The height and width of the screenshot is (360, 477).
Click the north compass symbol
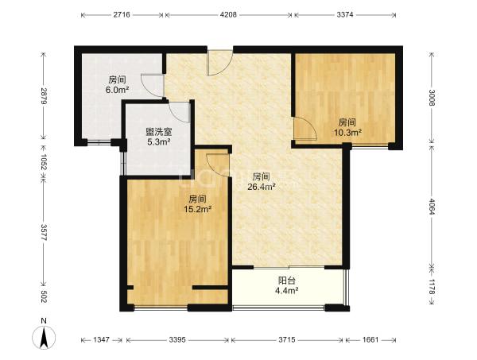(44, 334)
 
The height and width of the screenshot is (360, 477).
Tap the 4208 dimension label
(228, 14)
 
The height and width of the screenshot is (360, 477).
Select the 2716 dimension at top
(122, 14)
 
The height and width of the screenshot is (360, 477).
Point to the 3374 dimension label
(345, 14)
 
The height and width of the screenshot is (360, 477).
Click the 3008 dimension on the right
(432, 97)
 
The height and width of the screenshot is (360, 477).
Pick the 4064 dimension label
(432, 207)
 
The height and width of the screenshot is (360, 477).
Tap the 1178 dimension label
(432, 285)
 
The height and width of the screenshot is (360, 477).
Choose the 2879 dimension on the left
(44, 96)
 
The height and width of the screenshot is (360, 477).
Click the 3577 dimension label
(44, 233)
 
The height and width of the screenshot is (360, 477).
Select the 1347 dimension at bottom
(101, 339)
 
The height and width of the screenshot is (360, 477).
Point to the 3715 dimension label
(287, 339)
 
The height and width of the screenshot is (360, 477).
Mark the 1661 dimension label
(370, 339)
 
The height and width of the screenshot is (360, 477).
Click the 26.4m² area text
(262, 187)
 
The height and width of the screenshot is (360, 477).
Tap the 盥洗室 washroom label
(159, 132)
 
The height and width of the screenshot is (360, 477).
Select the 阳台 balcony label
(286, 281)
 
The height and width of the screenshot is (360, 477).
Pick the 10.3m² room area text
(347, 132)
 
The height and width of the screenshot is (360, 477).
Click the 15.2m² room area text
(197, 209)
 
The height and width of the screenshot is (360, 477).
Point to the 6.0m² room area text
(117, 90)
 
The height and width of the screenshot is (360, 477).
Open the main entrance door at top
(219, 62)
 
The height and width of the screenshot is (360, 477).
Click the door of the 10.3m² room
(305, 129)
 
